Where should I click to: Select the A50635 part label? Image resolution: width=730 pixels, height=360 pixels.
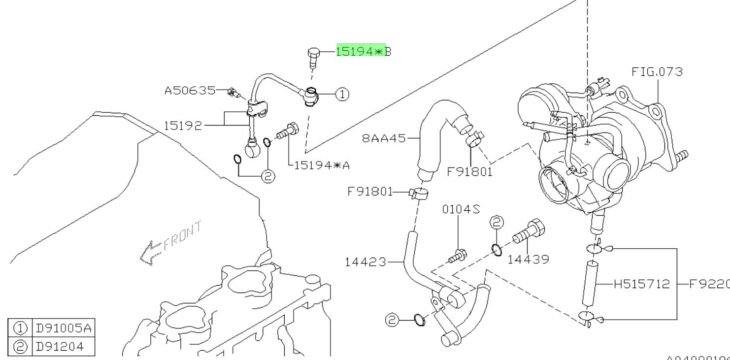(x=190, y=91)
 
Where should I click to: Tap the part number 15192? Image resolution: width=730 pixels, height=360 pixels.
(x=183, y=126)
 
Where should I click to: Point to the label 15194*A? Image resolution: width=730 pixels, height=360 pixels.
(x=322, y=165)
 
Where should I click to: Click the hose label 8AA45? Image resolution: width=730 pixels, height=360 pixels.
(x=384, y=139)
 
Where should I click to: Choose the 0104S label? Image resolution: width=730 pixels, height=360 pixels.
(x=461, y=209)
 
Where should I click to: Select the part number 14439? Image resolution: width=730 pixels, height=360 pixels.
(x=528, y=259)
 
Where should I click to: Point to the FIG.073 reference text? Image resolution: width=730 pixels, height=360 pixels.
(x=657, y=72)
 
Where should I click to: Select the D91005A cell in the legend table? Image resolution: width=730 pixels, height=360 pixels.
(x=62, y=328)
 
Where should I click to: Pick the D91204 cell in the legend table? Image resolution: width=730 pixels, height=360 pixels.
(x=58, y=347)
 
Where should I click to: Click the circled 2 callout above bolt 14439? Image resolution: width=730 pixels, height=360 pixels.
(x=497, y=223)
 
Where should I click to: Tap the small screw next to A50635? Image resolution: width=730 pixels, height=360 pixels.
(x=233, y=92)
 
